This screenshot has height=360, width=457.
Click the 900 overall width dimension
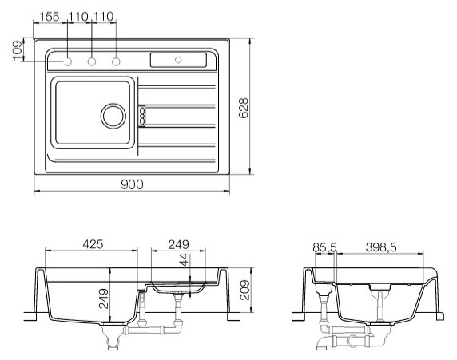tap(132, 184)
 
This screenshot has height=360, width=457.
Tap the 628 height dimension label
tap(244, 108)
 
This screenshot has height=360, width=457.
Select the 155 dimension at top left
tap(50, 17)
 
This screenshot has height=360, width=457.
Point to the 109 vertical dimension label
tap(18, 50)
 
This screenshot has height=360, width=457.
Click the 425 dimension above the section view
tap(93, 244)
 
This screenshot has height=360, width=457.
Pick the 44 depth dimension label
tap(184, 260)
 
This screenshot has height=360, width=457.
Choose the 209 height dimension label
tap(244, 290)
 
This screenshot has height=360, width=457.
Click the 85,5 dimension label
tap(324, 247)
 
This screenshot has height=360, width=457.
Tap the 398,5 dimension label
tap(381, 247)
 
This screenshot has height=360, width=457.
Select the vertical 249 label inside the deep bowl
tap(104, 299)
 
